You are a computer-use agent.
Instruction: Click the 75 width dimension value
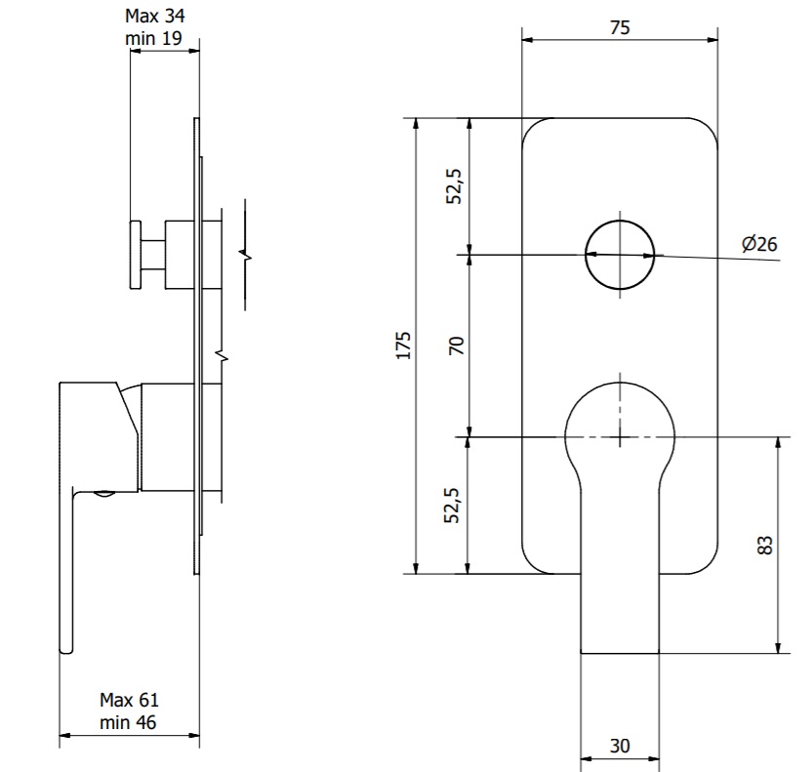620,27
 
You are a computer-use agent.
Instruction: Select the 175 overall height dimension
403,345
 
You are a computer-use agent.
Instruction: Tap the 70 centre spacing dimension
457,345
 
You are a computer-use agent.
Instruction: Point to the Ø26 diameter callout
759,243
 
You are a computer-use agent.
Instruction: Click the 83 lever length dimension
765,546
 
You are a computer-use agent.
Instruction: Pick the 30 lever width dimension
620,746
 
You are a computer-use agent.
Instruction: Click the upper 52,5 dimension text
454,186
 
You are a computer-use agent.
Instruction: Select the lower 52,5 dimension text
452,506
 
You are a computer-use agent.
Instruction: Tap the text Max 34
155,16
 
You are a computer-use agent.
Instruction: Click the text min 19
154,38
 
